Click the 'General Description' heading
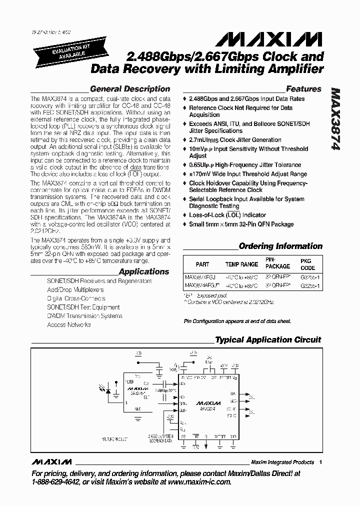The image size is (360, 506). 129,89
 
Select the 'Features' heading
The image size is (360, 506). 303,89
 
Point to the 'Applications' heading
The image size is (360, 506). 144,271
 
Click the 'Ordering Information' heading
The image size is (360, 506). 280,246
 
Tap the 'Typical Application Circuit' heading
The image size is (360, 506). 268,340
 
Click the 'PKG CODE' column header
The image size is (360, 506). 305,264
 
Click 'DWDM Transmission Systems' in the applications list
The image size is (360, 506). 84,316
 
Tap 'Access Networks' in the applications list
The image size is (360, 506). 69,325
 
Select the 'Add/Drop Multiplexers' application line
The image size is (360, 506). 75,290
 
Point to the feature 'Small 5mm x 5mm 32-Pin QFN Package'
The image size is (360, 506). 241,224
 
